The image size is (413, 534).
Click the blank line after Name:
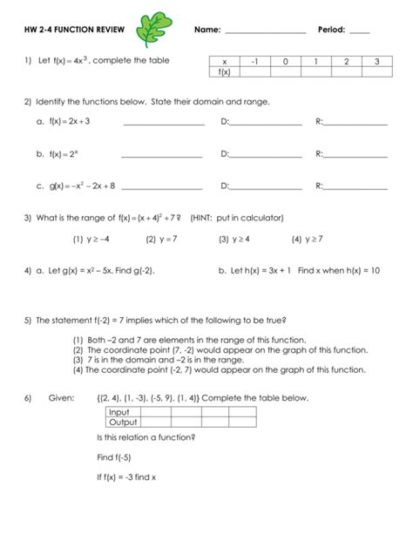click(x=265, y=33)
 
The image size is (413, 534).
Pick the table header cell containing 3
click(x=376, y=62)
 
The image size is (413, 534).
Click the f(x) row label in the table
click(x=224, y=72)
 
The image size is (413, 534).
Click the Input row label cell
click(x=118, y=411)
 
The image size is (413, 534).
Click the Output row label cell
click(x=121, y=422)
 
